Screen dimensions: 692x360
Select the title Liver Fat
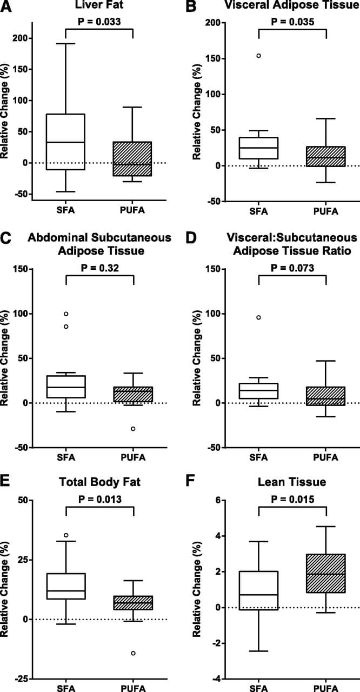[98, 6]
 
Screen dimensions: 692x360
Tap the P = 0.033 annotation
[99, 22]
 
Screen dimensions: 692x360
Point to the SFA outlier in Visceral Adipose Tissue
[258, 56]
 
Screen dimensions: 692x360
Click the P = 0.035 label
[292, 22]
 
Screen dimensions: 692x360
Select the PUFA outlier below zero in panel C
[132, 429]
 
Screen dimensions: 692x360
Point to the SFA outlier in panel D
[258, 317]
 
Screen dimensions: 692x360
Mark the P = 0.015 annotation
[292, 498]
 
